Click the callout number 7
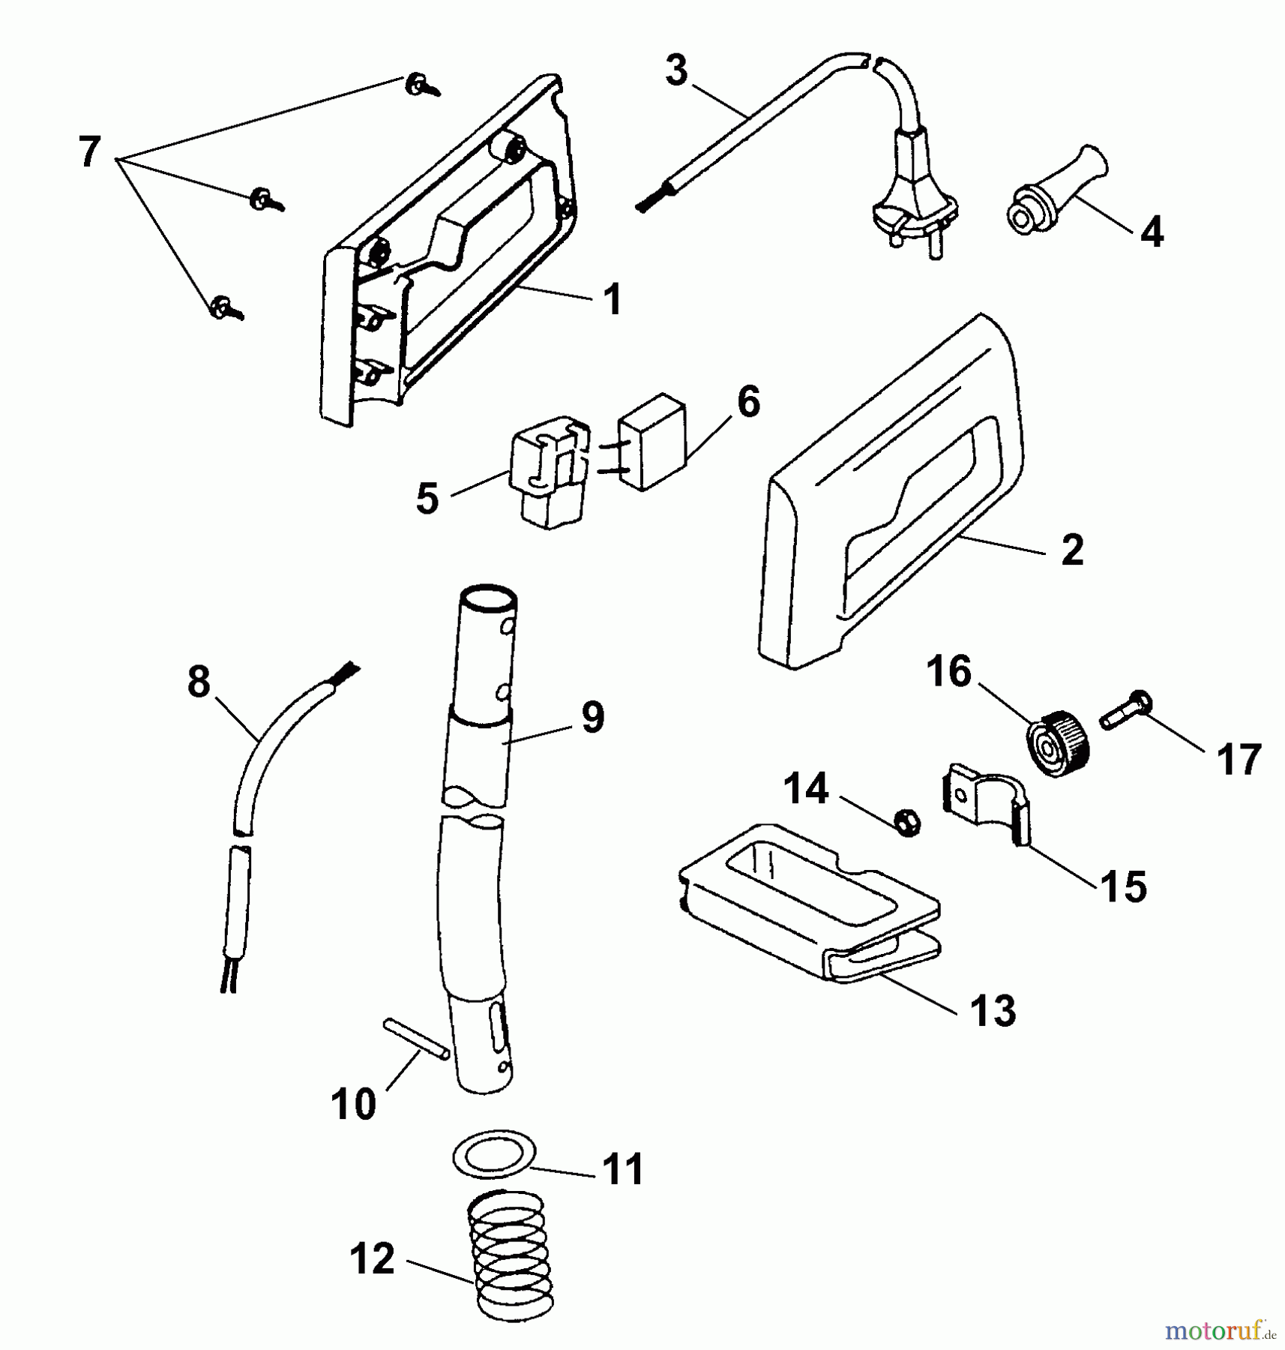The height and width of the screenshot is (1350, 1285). point(89,153)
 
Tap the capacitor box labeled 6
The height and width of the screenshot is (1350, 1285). point(651,441)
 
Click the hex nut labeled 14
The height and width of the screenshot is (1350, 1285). point(908,822)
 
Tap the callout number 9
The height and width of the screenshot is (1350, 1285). point(592,718)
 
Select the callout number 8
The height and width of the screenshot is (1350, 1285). point(199,683)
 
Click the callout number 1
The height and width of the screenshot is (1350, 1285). point(613,300)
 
